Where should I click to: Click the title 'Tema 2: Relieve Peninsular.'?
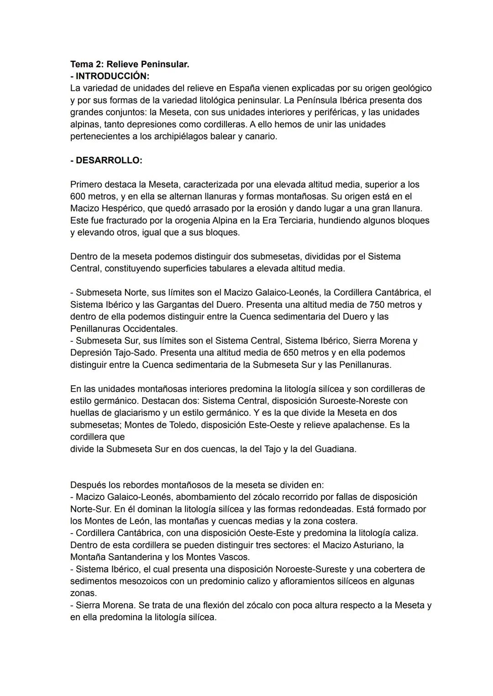coord(130,64)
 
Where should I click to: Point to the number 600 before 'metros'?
coord(79,197)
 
